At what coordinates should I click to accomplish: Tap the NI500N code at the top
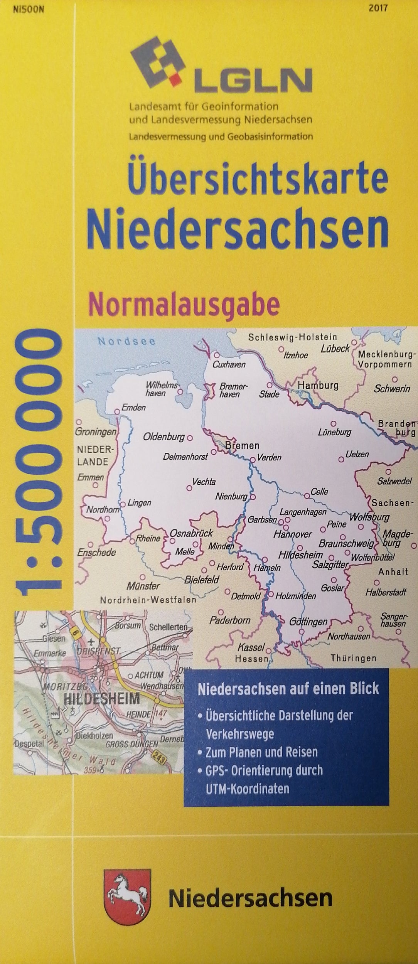29,10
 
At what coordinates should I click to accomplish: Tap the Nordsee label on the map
126,341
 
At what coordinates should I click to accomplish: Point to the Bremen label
242,446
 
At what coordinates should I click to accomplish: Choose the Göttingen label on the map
308,622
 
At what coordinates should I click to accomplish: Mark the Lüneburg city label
335,432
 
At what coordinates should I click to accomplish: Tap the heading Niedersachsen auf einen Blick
288,689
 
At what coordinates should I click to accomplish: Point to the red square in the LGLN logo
176,79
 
